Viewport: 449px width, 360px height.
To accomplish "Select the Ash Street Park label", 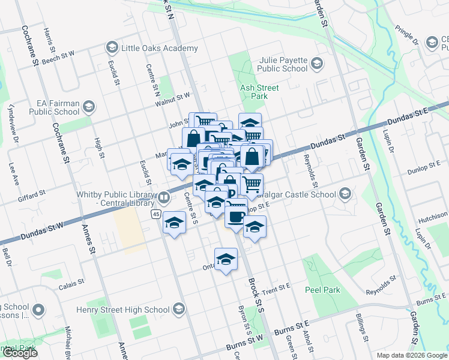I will pos(259,92).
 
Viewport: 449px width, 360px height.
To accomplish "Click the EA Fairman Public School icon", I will pos(88,107).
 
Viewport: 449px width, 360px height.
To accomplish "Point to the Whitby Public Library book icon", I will pos(163,197).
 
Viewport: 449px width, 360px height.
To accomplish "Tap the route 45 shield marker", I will pos(155,214).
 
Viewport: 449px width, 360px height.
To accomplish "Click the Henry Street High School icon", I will pos(178,309).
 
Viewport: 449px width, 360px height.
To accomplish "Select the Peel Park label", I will pos(322,290).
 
